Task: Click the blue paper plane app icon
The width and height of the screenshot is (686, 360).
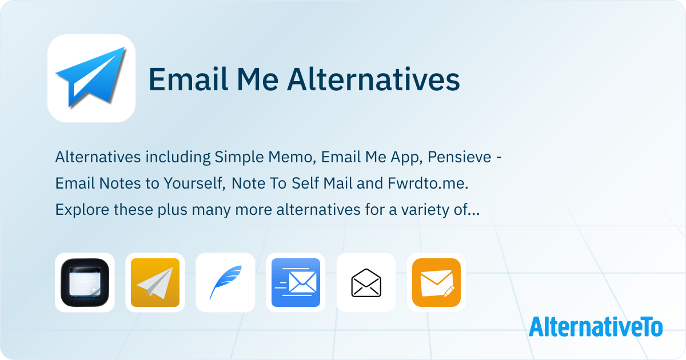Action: point(91,78)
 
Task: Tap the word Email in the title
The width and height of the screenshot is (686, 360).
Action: point(188,79)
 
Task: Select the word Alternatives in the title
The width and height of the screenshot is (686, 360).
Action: point(373,79)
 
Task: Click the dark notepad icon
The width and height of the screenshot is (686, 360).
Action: point(85,282)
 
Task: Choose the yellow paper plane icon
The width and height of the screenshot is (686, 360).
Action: point(155,282)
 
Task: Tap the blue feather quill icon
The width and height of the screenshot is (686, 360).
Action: point(225,282)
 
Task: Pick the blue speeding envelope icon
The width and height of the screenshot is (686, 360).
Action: point(296,282)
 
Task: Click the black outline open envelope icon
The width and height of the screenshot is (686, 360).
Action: point(366,282)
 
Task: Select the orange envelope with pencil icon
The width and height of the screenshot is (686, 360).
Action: point(436,282)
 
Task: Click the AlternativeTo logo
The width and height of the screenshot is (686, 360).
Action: point(596,327)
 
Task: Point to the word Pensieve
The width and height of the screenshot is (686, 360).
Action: point(460,157)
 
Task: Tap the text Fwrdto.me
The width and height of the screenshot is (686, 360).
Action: point(428,183)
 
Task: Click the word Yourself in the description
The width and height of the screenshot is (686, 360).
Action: point(194,183)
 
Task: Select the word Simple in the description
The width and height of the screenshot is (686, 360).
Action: point(239,158)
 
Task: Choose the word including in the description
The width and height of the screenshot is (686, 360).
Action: point(178,158)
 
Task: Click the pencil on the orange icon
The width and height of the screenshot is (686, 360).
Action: point(449,291)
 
